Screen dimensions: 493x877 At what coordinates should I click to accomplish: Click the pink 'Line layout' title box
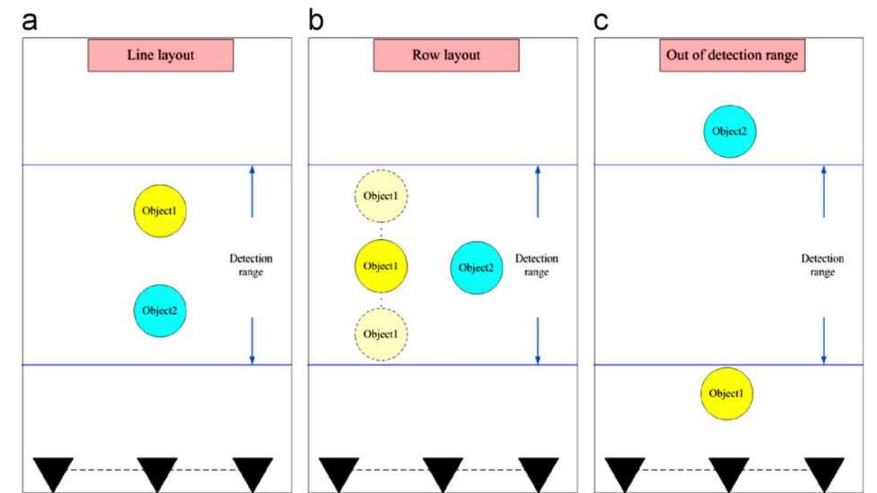(x=161, y=55)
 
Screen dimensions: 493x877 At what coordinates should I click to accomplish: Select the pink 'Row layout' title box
(x=446, y=55)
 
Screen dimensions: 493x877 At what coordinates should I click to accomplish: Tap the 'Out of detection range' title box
(x=732, y=55)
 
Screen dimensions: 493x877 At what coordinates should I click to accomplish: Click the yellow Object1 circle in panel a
(x=160, y=210)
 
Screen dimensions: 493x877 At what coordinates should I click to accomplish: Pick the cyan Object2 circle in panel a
(x=160, y=311)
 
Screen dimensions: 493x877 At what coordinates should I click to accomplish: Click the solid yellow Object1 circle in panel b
(x=381, y=266)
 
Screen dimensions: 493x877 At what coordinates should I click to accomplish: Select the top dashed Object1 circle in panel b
(x=381, y=196)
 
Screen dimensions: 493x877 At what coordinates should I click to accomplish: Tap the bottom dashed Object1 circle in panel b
(x=381, y=334)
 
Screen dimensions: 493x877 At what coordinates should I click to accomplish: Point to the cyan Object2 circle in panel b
(x=476, y=268)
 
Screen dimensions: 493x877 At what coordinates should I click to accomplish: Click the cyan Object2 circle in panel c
(x=730, y=131)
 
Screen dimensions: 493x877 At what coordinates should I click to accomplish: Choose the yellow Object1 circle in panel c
(x=726, y=393)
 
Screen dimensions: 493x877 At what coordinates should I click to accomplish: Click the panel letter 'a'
(x=29, y=20)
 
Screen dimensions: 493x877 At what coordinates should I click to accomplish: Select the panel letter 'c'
(x=601, y=21)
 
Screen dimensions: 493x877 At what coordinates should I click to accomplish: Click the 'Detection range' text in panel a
(x=251, y=265)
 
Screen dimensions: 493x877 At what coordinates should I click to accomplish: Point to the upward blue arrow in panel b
(x=538, y=191)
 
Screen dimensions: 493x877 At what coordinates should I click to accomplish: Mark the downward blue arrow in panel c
(x=823, y=340)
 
